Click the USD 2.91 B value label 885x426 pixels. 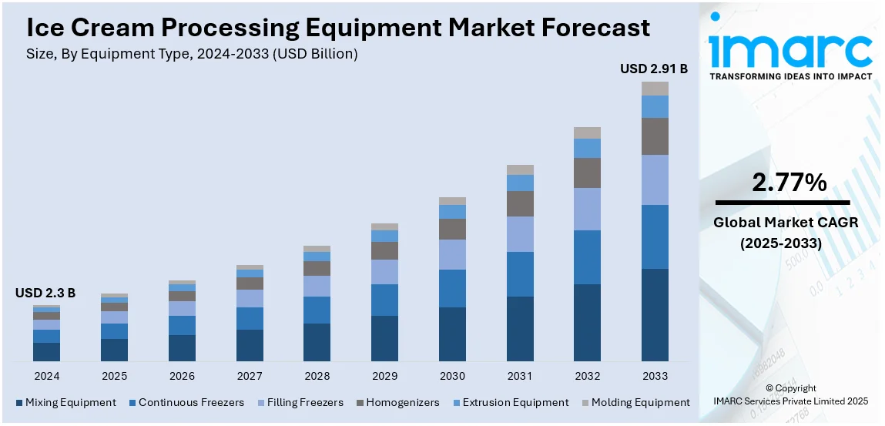(x=653, y=69)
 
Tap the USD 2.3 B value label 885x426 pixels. (x=45, y=293)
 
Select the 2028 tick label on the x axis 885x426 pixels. (x=317, y=376)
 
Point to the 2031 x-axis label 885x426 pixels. (x=520, y=376)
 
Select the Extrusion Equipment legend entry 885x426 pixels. (x=511, y=402)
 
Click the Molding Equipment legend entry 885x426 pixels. (x=636, y=402)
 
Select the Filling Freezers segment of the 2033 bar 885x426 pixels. (x=655, y=179)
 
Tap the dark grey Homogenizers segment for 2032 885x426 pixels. (x=587, y=173)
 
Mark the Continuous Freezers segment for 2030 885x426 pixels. (x=452, y=288)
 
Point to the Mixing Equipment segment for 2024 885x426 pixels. (x=46, y=351)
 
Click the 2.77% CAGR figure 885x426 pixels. (x=789, y=183)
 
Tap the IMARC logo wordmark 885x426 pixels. (x=790, y=50)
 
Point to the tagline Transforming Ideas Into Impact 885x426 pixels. (x=790, y=76)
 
